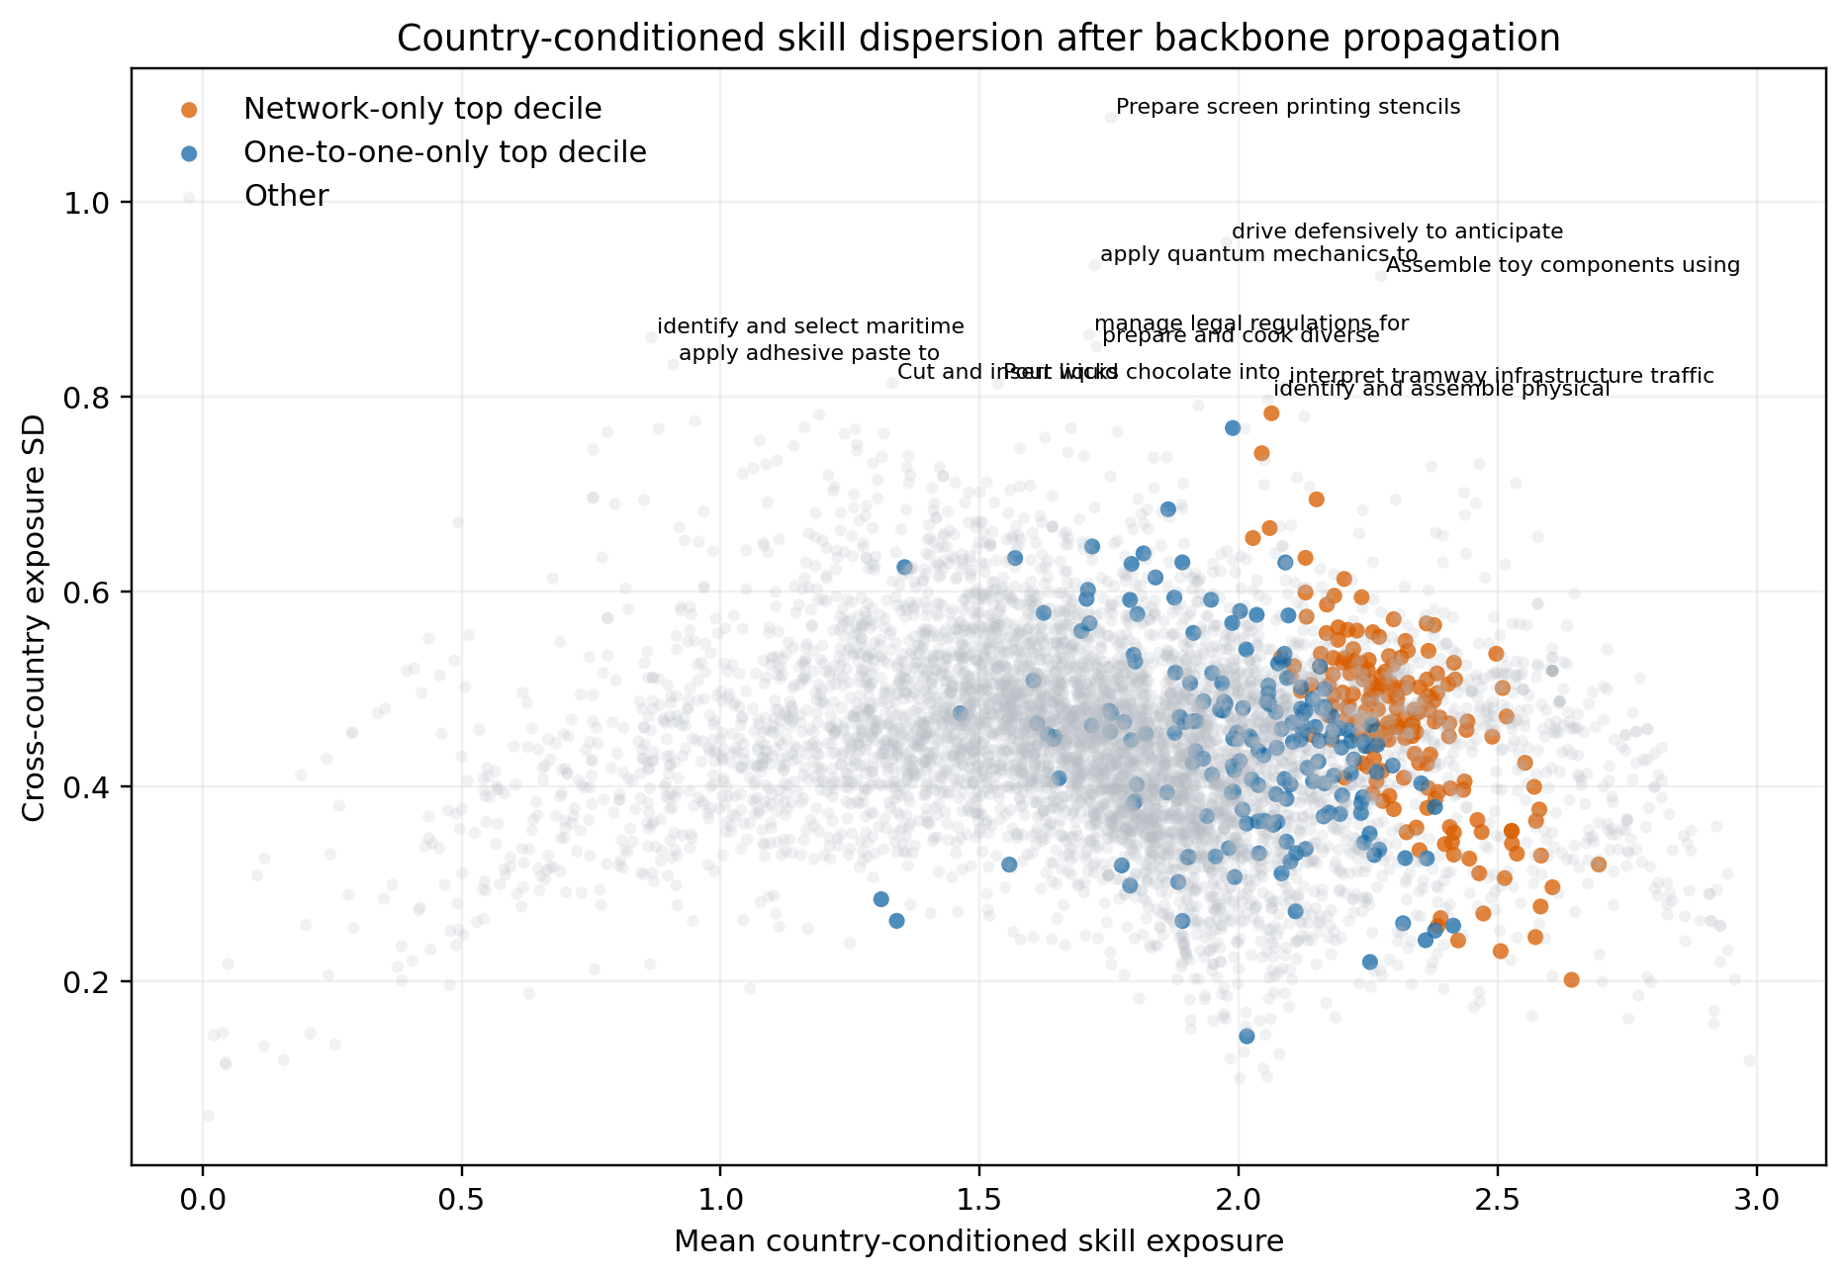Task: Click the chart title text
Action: pyautogui.click(x=977, y=39)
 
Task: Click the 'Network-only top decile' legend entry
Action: pyautogui.click(x=422, y=109)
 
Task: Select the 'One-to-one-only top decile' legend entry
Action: pyautogui.click(x=444, y=152)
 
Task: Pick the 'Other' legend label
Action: pyautogui.click(x=286, y=196)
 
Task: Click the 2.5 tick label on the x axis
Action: pyautogui.click(x=1497, y=1200)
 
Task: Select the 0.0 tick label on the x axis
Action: pyautogui.click(x=203, y=1200)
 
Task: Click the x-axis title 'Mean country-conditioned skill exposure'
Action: pyautogui.click(x=977, y=1242)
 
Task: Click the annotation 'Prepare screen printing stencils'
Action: pyautogui.click(x=1287, y=107)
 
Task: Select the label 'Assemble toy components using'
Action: pyautogui.click(x=1562, y=265)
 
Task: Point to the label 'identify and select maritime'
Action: pyautogui.click(x=810, y=326)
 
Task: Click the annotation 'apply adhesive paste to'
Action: pyautogui.click(x=809, y=353)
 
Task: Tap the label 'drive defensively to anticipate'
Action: pyautogui.click(x=1397, y=231)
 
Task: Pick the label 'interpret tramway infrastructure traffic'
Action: pyautogui.click(x=1502, y=376)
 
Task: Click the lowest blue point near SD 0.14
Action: pyautogui.click(x=1247, y=1036)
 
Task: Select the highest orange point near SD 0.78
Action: pyautogui.click(x=1271, y=413)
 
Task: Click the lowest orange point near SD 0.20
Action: pyautogui.click(x=1571, y=979)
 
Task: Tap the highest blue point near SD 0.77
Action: pyautogui.click(x=1233, y=428)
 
